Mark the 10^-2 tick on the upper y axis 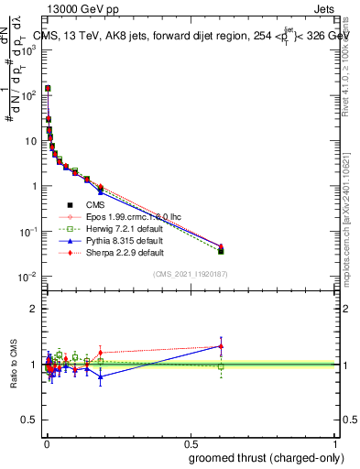click(28, 276)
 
